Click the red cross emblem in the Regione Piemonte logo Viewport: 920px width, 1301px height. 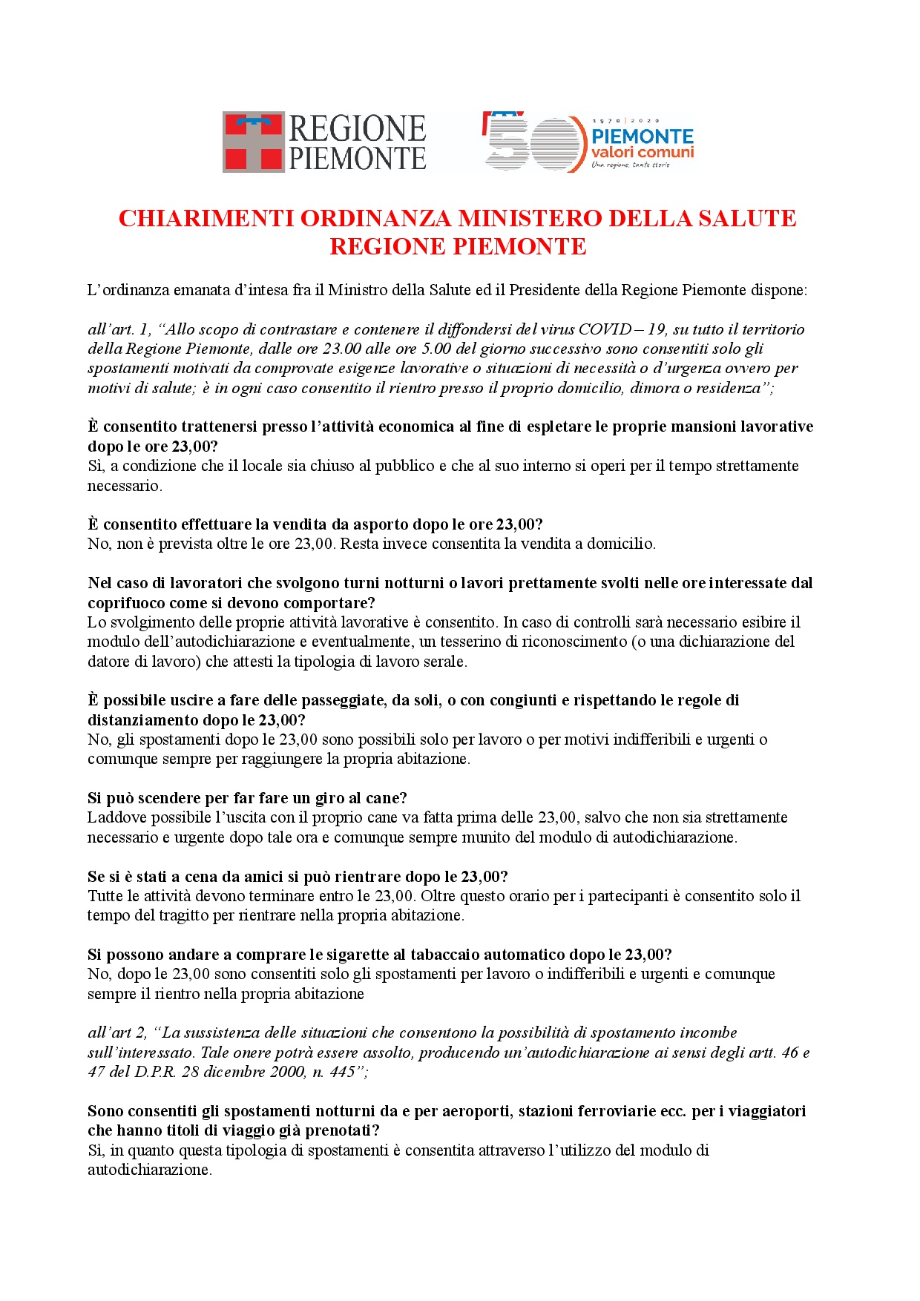tap(254, 142)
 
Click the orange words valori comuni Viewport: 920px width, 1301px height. tap(643, 152)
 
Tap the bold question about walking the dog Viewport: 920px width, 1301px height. tap(247, 798)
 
